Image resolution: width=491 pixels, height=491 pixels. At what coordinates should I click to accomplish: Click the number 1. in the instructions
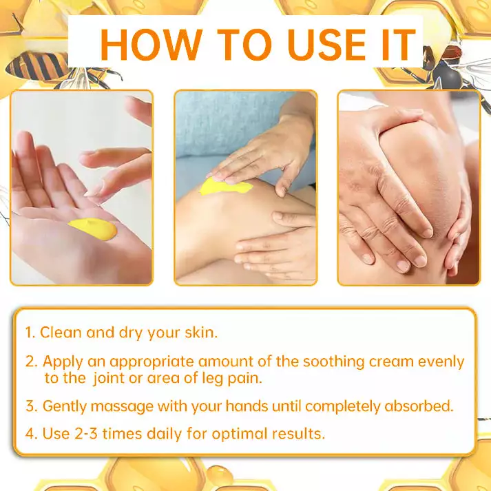30,332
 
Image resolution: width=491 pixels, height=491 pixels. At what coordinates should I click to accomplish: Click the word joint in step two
114,377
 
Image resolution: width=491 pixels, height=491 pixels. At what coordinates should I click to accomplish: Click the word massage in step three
115,406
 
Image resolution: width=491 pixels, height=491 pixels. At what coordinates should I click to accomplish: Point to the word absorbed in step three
420,406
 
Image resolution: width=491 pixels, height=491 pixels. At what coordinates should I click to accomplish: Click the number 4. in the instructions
30,435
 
